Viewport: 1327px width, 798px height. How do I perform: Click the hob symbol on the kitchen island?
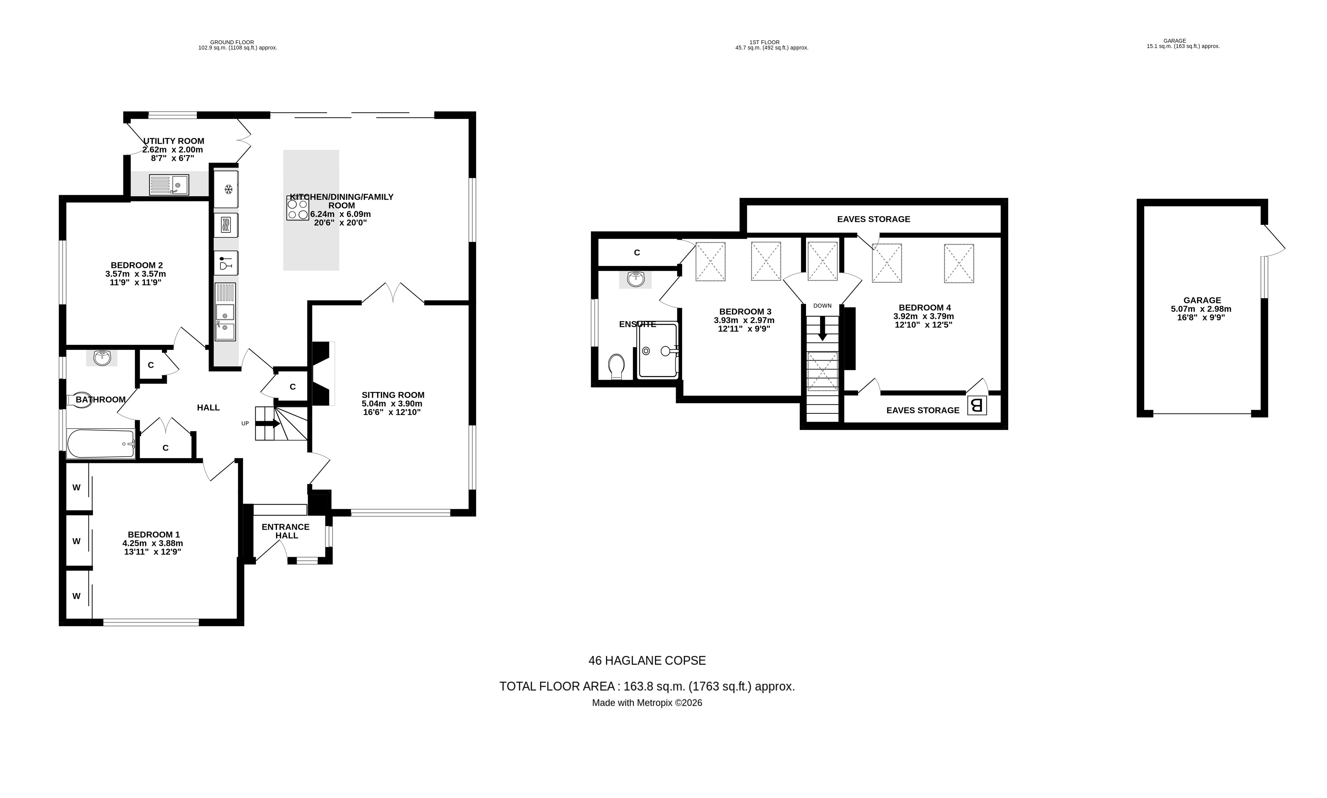(297, 208)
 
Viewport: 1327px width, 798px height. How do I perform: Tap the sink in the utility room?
(169, 185)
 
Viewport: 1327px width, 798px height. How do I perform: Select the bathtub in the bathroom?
(101, 444)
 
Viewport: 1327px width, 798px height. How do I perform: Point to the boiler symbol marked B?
(977, 405)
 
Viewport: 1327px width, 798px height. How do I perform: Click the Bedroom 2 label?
(136, 265)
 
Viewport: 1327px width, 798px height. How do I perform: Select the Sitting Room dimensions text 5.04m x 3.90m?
(392, 403)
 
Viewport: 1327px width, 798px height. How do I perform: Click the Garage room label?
(1202, 300)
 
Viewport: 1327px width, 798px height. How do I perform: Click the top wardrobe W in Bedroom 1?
(76, 487)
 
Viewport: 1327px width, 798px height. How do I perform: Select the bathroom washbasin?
(102, 357)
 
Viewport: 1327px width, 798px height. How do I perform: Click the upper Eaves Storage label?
(873, 219)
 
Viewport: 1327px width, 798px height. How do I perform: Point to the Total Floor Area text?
(647, 686)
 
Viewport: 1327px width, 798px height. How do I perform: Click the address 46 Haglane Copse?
(647, 660)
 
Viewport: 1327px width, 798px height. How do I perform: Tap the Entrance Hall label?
(285, 531)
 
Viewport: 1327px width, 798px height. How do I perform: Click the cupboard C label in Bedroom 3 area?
(636, 252)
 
